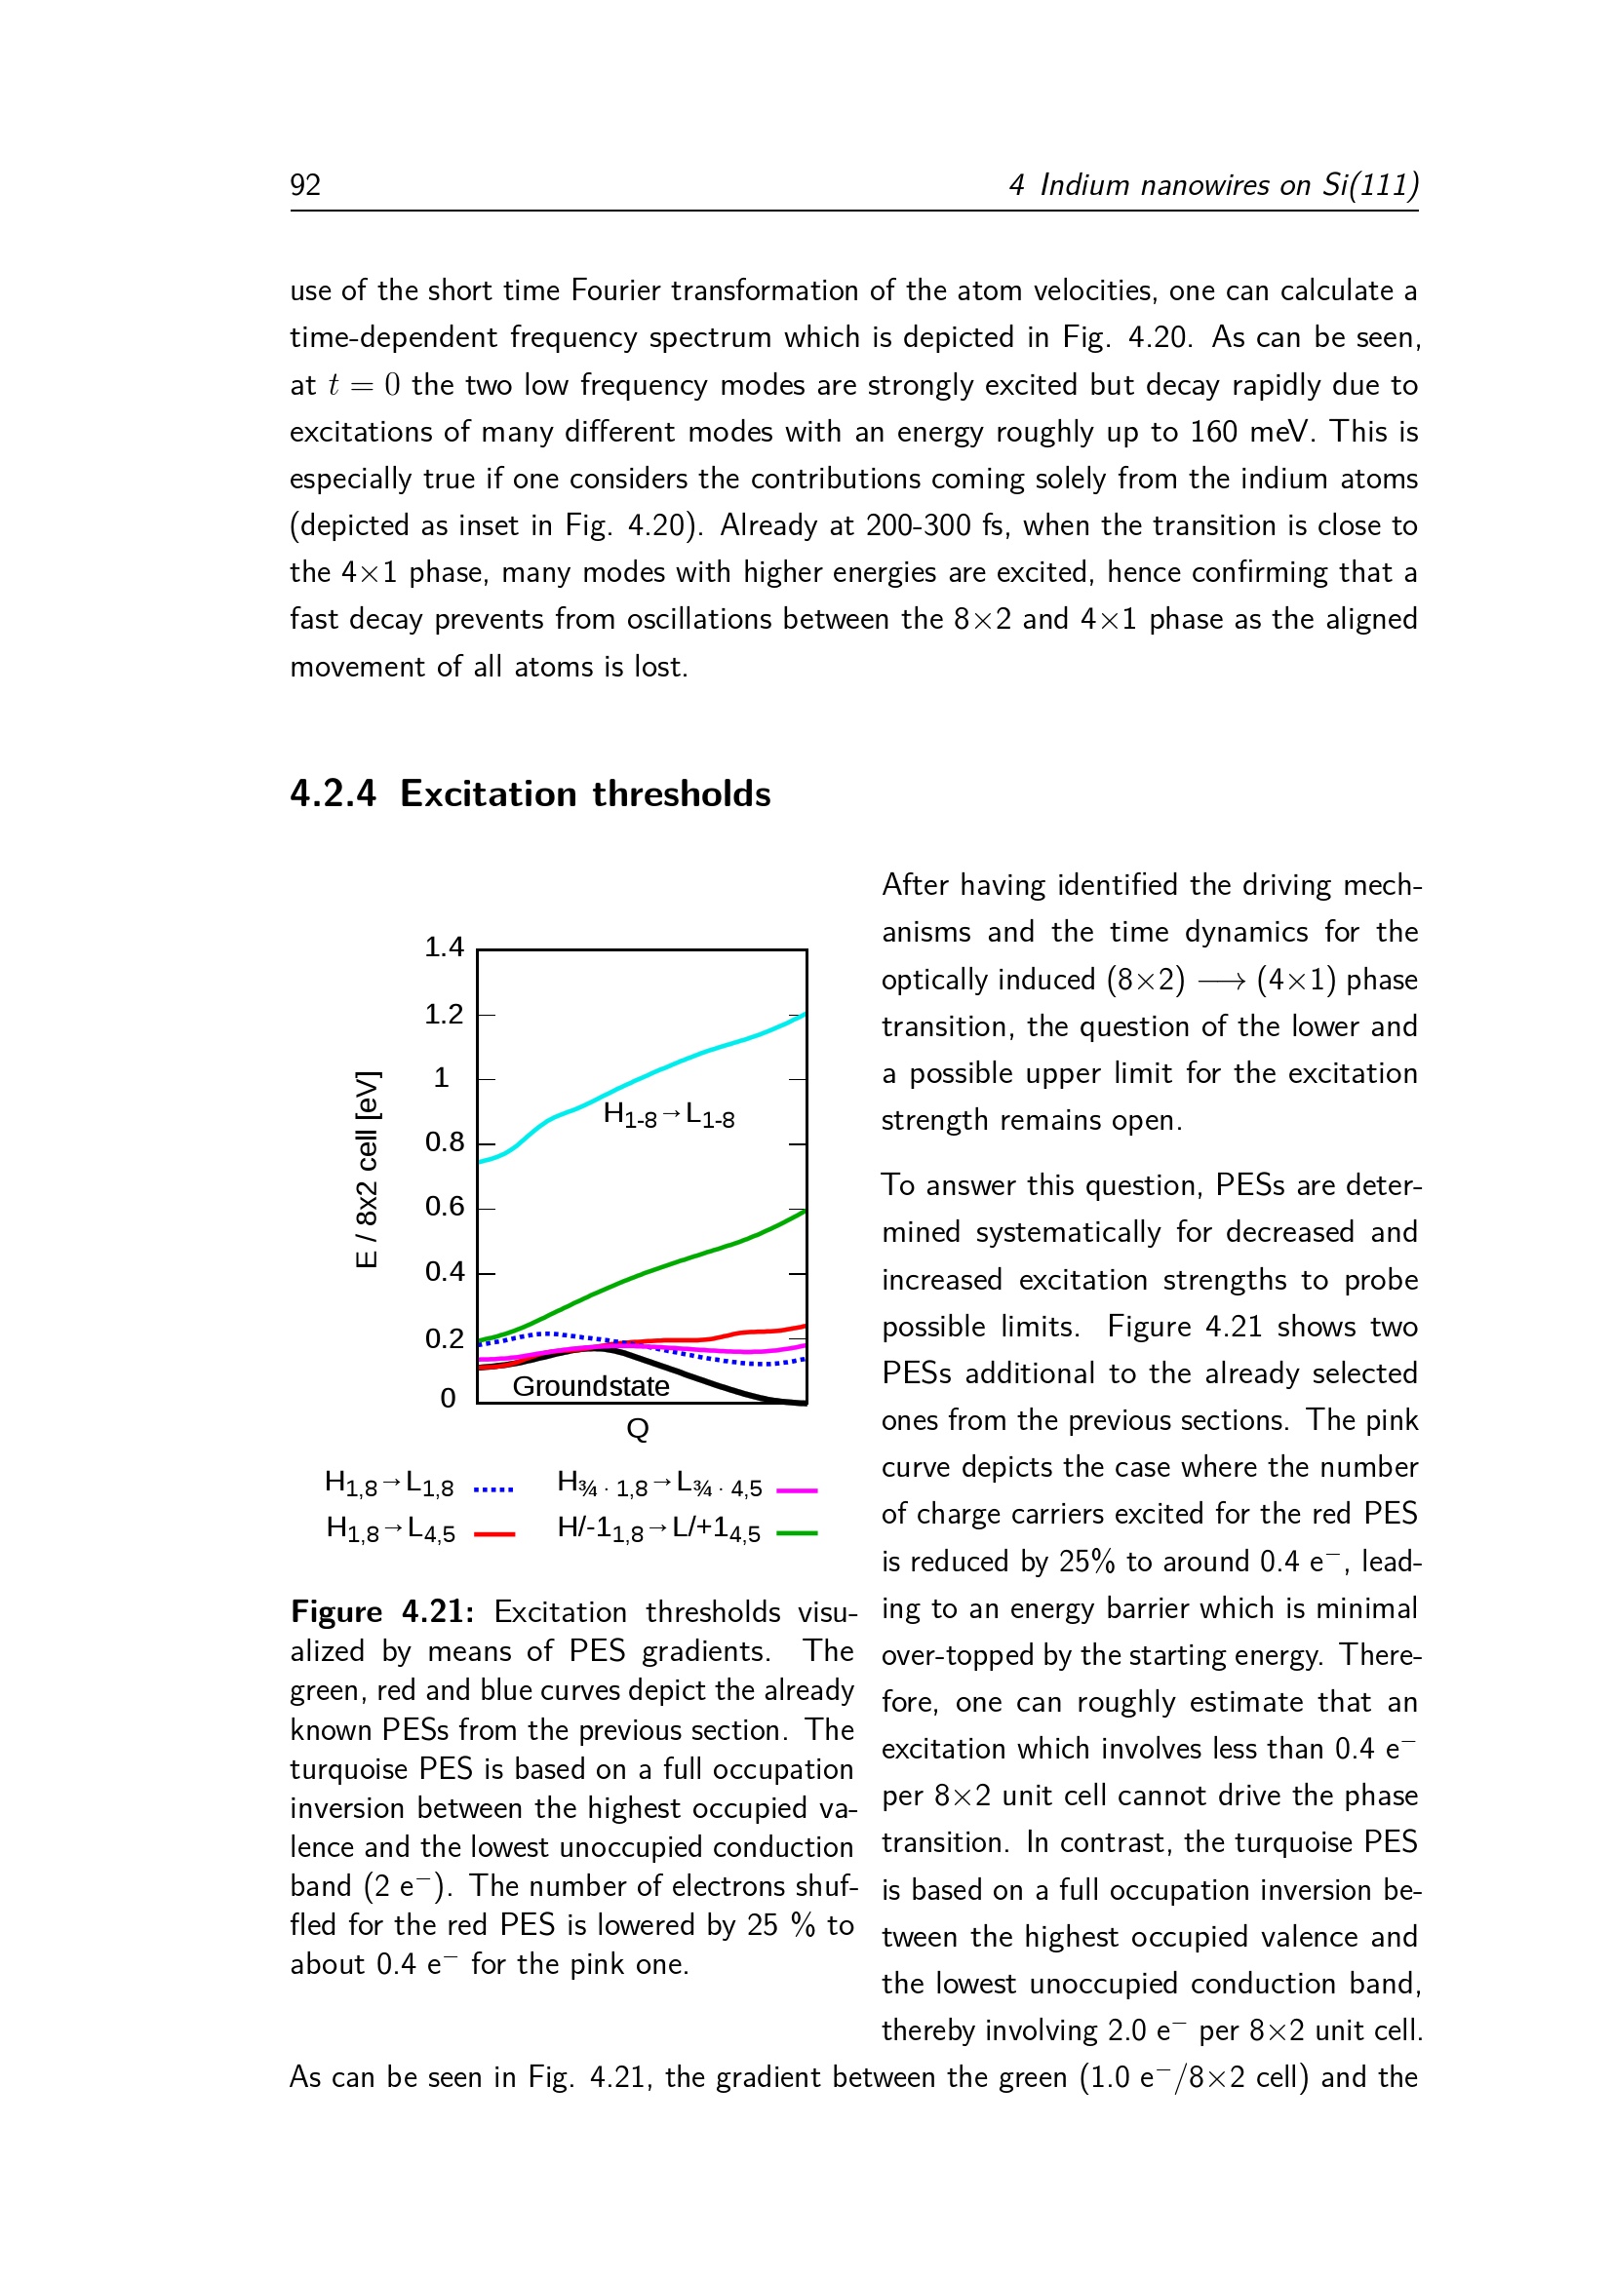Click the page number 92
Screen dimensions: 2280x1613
point(305,186)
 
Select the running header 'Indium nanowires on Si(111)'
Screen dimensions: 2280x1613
point(1229,186)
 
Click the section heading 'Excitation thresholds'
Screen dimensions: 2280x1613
point(585,794)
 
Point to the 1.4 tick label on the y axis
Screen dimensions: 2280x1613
point(444,947)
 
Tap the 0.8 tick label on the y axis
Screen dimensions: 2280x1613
point(444,1142)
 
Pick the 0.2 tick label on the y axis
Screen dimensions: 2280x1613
point(444,1338)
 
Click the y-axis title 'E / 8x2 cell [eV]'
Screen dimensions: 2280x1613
point(367,1169)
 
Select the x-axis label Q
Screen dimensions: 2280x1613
point(638,1429)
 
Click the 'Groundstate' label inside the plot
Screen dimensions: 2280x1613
point(591,1386)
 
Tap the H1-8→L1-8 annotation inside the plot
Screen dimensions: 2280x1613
point(668,1115)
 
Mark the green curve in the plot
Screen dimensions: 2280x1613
point(655,1267)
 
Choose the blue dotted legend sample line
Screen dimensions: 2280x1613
point(493,1489)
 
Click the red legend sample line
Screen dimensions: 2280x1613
point(493,1534)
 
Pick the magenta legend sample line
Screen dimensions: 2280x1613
point(797,1489)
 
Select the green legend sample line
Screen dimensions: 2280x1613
point(797,1534)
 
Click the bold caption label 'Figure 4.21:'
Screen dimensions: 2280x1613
point(382,1611)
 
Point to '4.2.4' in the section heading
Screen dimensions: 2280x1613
point(333,794)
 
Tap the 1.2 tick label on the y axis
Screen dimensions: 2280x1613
point(444,1014)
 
